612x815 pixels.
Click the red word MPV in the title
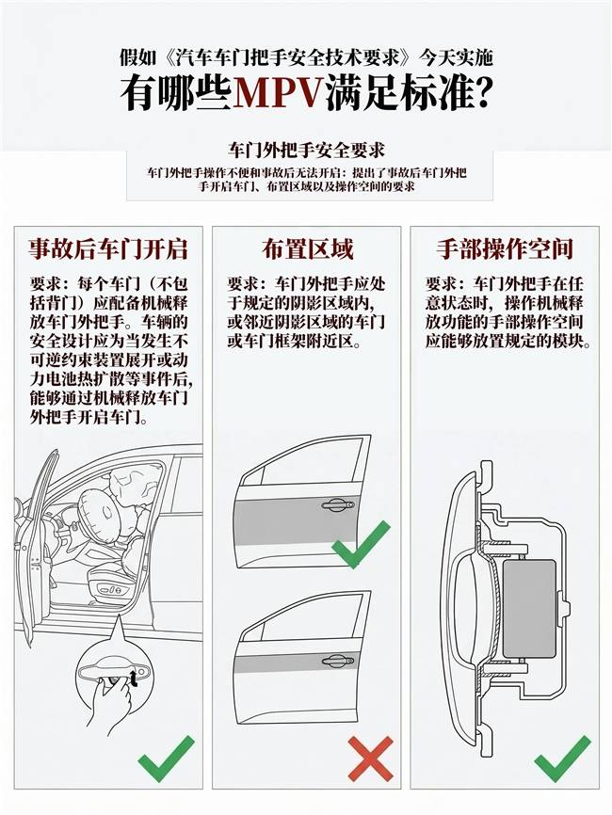point(279,93)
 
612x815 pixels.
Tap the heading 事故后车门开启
point(108,249)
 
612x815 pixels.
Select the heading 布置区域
point(307,249)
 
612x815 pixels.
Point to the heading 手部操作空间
point(505,249)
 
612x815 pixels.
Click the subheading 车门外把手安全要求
point(306,151)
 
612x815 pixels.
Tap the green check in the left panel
point(166,759)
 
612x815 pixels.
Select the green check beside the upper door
point(361,544)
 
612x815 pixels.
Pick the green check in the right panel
point(563,759)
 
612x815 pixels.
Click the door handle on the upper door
point(338,504)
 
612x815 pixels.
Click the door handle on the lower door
point(338,661)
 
